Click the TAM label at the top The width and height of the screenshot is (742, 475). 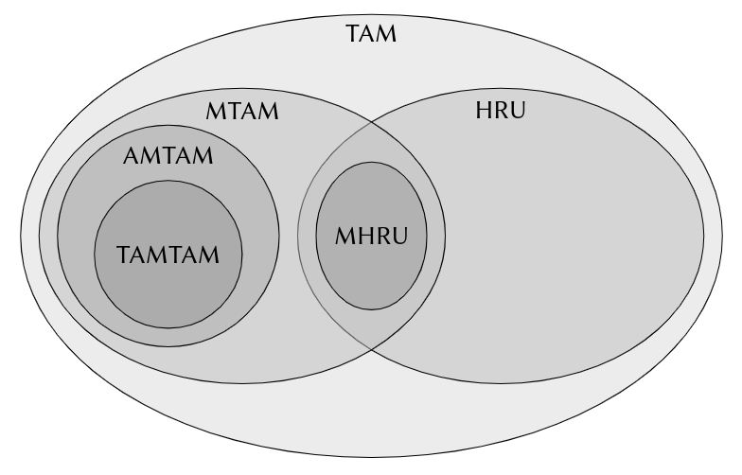point(372,36)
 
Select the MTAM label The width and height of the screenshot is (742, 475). point(242,112)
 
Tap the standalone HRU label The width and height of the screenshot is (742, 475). point(500,112)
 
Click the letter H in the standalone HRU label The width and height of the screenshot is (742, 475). point(482,112)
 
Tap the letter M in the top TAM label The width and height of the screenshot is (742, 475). point(386,36)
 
